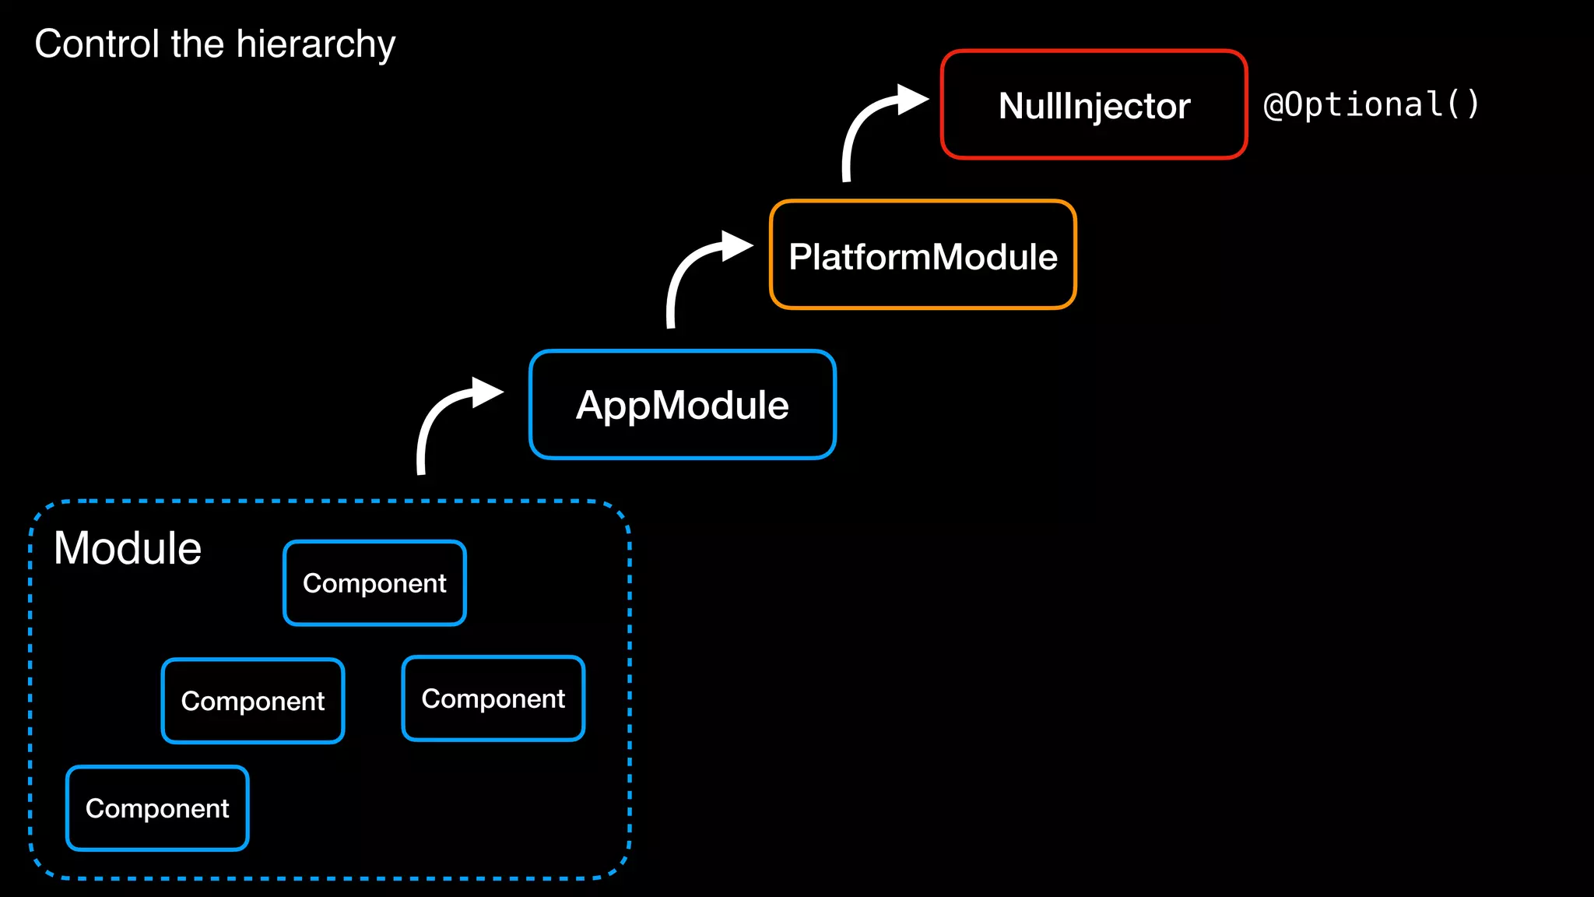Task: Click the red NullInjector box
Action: pyautogui.click(x=1094, y=105)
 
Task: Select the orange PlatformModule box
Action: pyautogui.click(x=922, y=255)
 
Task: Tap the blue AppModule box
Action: pyautogui.click(x=682, y=405)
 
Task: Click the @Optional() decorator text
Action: pyautogui.click(x=1371, y=104)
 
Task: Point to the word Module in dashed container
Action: pyautogui.click(x=128, y=548)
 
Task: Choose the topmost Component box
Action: pyautogui.click(x=374, y=583)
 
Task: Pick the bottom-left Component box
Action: pyautogui.click(x=157, y=808)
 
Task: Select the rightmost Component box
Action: pyautogui.click(x=493, y=698)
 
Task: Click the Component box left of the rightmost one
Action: pyautogui.click(x=252, y=701)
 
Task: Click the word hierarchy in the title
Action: pyautogui.click(x=316, y=44)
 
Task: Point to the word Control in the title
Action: pyautogui.click(x=97, y=44)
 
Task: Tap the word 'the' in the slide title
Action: pyautogui.click(x=198, y=44)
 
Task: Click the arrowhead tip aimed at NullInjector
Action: pyautogui.click(x=926, y=99)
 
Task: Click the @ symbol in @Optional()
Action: pyautogui.click(x=1273, y=105)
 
